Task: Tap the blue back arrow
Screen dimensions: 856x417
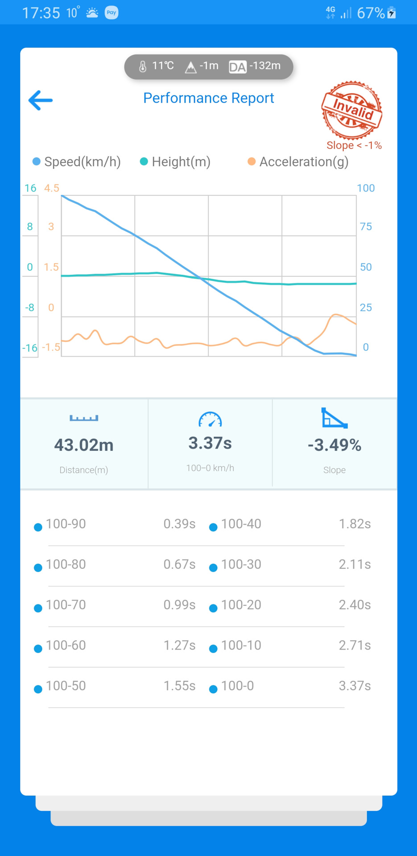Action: pyautogui.click(x=41, y=100)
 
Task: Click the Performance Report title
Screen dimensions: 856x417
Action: pyautogui.click(x=208, y=98)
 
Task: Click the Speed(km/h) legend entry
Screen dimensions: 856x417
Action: pyautogui.click(x=77, y=162)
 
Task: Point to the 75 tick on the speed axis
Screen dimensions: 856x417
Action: pyautogui.click(x=366, y=226)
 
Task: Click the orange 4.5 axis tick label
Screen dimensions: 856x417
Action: pyautogui.click(x=51, y=188)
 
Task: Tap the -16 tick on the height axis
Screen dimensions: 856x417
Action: pyautogui.click(x=30, y=348)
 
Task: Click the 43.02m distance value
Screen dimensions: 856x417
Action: pyautogui.click(x=84, y=445)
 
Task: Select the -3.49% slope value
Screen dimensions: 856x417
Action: pyautogui.click(x=334, y=445)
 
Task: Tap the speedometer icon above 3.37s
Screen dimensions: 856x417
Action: pyautogui.click(x=210, y=420)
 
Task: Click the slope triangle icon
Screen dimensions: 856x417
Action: pyautogui.click(x=334, y=418)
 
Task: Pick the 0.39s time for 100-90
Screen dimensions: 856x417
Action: pyautogui.click(x=179, y=524)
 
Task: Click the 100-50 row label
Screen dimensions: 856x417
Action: pyautogui.click(x=66, y=686)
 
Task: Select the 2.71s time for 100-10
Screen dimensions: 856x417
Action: pyautogui.click(x=355, y=645)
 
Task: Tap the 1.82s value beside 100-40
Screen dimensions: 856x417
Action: pyautogui.click(x=355, y=524)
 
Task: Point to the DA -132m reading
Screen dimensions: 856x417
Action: pyautogui.click(x=255, y=66)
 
